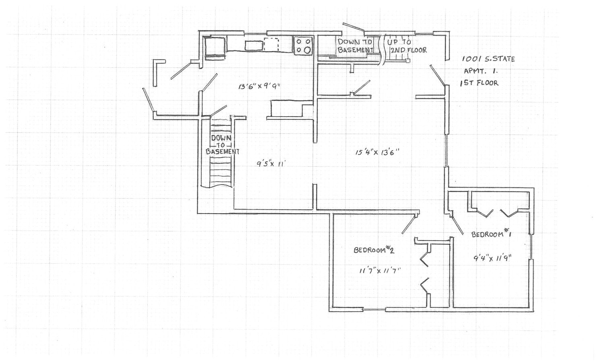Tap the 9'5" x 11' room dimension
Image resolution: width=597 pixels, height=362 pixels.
(273, 164)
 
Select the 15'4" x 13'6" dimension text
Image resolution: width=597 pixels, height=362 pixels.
(377, 152)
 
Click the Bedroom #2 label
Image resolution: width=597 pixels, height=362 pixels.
(373, 250)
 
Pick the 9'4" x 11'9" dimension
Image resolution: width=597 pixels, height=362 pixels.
(492, 258)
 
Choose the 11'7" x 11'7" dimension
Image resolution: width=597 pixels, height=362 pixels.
(379, 271)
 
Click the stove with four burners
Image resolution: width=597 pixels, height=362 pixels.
(303, 45)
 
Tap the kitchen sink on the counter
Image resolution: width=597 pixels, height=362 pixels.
(254, 45)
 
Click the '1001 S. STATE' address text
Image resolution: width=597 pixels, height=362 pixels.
(488, 59)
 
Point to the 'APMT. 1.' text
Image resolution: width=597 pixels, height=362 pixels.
(480, 71)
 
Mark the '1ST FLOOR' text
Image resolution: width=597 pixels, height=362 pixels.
(479, 83)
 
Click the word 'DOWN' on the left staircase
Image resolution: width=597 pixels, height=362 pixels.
(221, 138)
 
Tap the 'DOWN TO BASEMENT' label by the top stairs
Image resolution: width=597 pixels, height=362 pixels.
(355, 45)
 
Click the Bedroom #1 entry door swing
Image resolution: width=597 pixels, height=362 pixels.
(457, 224)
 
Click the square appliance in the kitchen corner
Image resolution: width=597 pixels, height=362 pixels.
(215, 47)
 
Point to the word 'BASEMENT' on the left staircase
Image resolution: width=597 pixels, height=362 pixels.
(222, 152)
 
